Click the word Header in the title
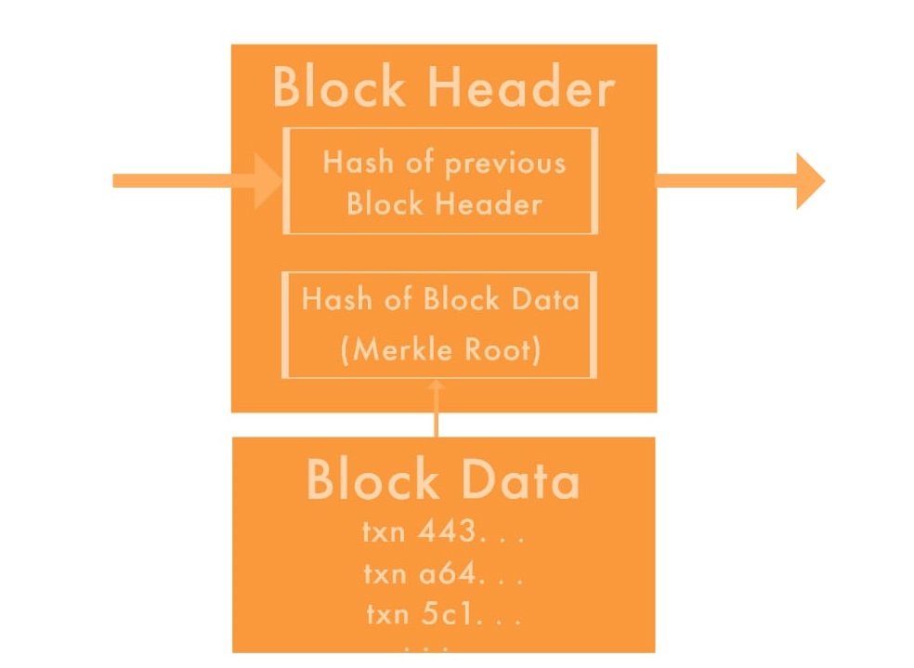pyautogui.click(x=521, y=88)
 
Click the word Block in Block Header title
pyautogui.click(x=340, y=88)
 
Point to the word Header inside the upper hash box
pyautogui.click(x=492, y=203)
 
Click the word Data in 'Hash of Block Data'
pyautogui.click(x=545, y=299)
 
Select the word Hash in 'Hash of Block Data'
pyautogui.click(x=334, y=299)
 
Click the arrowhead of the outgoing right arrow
pyautogui.click(x=808, y=180)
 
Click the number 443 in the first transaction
pyautogui.click(x=447, y=532)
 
